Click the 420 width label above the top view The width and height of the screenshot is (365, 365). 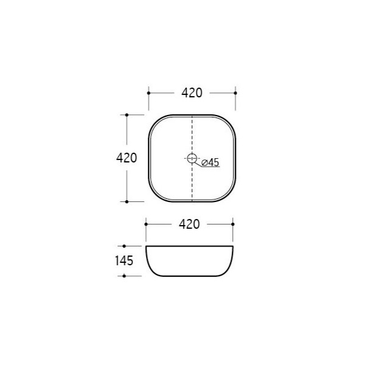click(x=192, y=93)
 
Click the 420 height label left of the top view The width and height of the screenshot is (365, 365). click(x=127, y=158)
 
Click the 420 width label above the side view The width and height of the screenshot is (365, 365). click(x=189, y=224)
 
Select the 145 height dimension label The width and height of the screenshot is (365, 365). click(x=124, y=261)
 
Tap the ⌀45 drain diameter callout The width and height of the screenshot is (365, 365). click(x=210, y=162)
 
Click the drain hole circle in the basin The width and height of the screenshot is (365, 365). click(x=192, y=158)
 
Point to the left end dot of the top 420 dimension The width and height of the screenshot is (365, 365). click(x=149, y=93)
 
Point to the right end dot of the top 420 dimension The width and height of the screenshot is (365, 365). click(x=235, y=93)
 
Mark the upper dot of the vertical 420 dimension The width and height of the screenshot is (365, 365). click(x=127, y=115)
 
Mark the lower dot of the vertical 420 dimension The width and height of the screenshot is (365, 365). click(x=127, y=201)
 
